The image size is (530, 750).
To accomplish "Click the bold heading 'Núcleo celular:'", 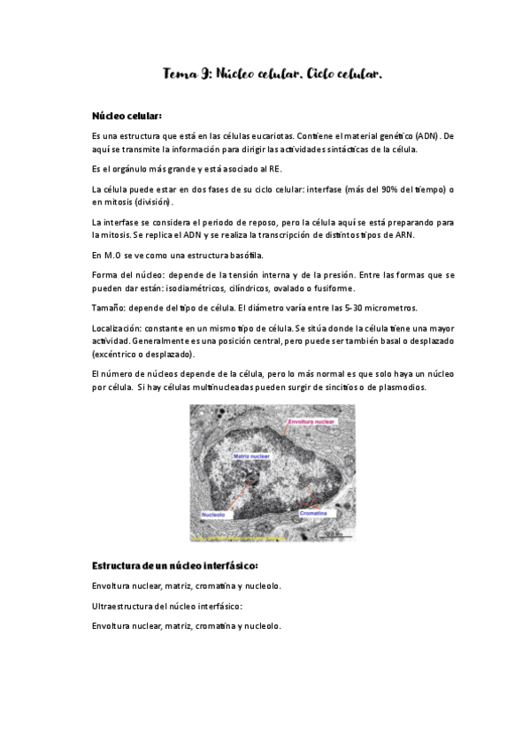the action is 127,116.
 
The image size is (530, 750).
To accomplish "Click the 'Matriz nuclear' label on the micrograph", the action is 251,456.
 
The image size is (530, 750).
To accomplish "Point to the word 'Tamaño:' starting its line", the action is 110,307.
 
